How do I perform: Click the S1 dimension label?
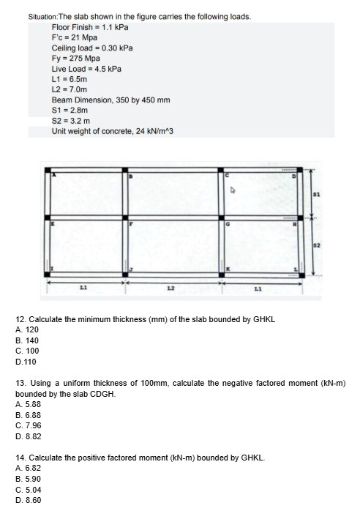(x=317, y=194)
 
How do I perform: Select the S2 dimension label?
(x=317, y=244)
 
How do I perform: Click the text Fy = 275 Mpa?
(x=75, y=58)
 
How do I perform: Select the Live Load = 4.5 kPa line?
(x=86, y=68)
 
